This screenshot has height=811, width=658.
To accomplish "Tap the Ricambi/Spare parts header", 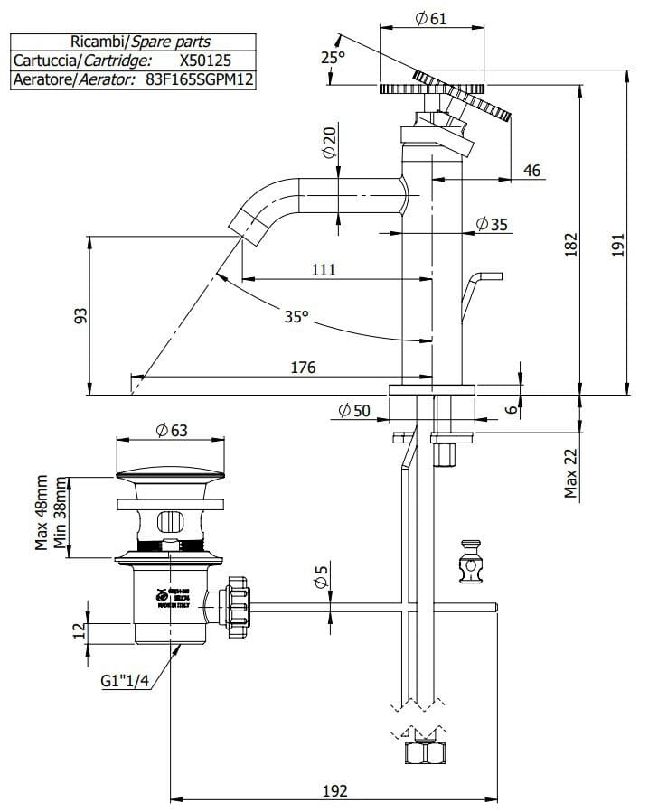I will [x=140, y=41].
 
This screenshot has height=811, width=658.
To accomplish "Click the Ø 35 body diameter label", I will [x=493, y=223].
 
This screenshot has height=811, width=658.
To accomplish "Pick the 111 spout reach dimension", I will [x=323, y=269].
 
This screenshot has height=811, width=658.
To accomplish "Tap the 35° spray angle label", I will [x=296, y=317].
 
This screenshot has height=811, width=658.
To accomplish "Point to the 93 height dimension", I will [x=80, y=315].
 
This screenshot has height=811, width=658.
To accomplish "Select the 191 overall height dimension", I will [x=618, y=247].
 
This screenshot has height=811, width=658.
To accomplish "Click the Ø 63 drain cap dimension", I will [x=172, y=431].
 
